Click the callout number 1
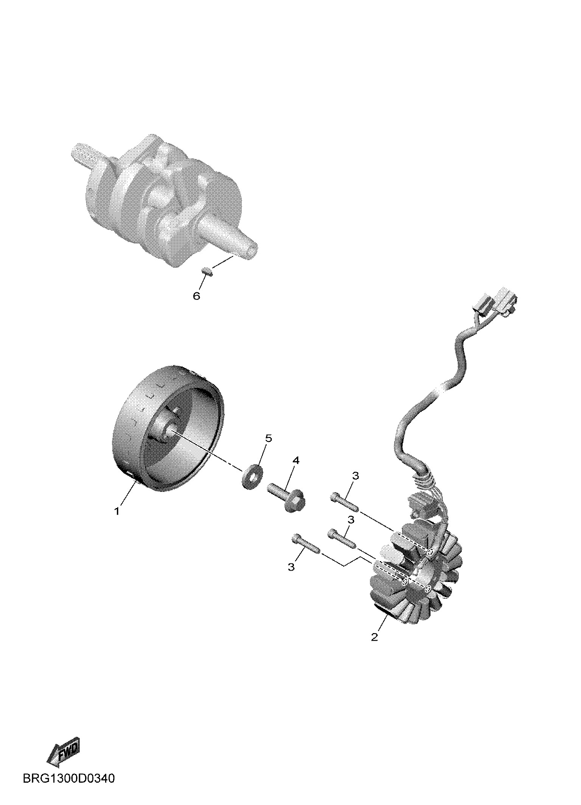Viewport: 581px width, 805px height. click(x=117, y=511)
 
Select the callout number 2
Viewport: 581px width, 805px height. click(x=374, y=637)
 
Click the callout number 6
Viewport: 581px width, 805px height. click(x=196, y=296)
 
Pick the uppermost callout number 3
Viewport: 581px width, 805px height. click(x=355, y=476)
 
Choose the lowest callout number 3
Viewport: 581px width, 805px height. click(x=291, y=578)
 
